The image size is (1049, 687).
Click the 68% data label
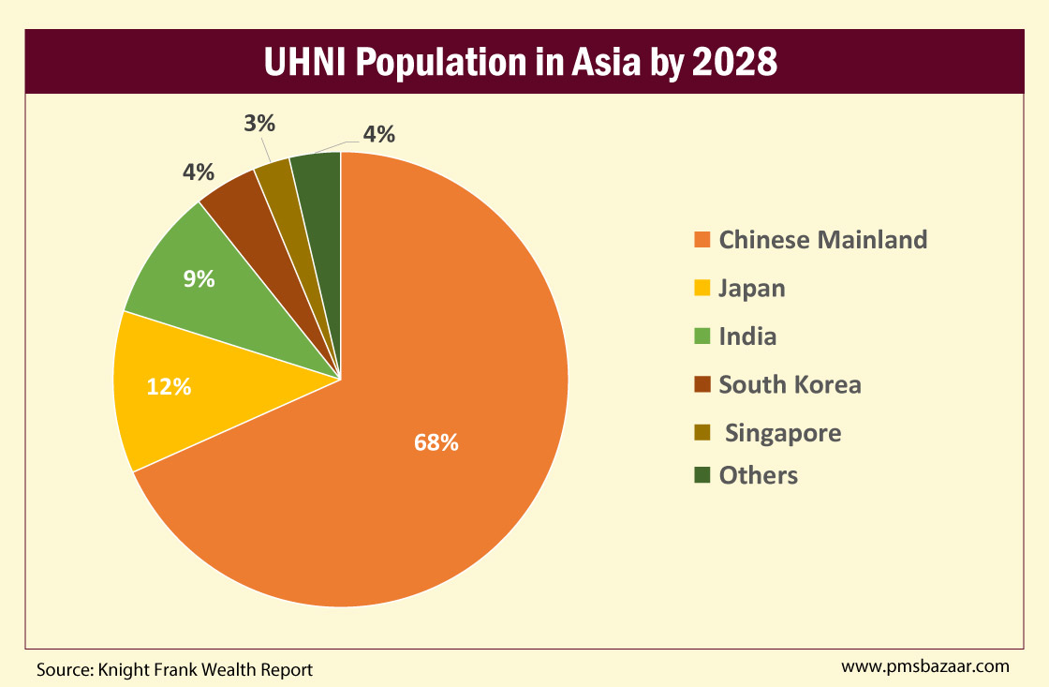436,442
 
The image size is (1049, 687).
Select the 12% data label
169,385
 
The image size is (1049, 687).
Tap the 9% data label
199,278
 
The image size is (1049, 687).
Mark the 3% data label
259,123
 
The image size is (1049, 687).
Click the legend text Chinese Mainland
822,240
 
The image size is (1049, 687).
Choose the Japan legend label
751,288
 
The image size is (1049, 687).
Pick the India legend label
747,336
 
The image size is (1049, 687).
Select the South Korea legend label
790,384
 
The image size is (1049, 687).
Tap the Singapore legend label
783,433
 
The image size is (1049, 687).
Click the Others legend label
758,475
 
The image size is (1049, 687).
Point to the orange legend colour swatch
702,240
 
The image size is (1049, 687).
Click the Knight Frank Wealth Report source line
174,669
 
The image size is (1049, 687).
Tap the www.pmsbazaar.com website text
924,666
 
